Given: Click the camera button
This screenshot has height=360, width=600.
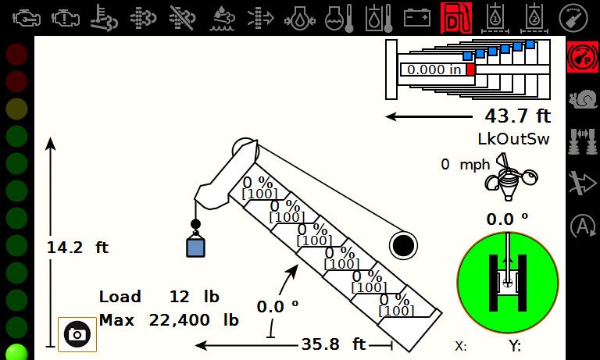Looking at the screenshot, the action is coord(77,334).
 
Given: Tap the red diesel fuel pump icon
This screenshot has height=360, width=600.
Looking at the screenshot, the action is coord(456,18).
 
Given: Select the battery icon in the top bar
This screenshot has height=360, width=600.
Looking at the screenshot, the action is coord(417,18).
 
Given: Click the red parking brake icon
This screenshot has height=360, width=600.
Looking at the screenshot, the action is coord(582,57).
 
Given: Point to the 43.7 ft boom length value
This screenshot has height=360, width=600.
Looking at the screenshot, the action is coord(518,116).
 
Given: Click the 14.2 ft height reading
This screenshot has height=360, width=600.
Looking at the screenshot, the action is coord(77,248).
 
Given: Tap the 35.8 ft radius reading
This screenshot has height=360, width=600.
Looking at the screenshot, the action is coord(334,344).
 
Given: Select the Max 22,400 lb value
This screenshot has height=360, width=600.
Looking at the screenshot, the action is coord(169,320).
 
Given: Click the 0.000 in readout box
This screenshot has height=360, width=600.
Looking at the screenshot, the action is coord(434,70).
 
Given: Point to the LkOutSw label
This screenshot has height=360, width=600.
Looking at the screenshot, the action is coord(513,139).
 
